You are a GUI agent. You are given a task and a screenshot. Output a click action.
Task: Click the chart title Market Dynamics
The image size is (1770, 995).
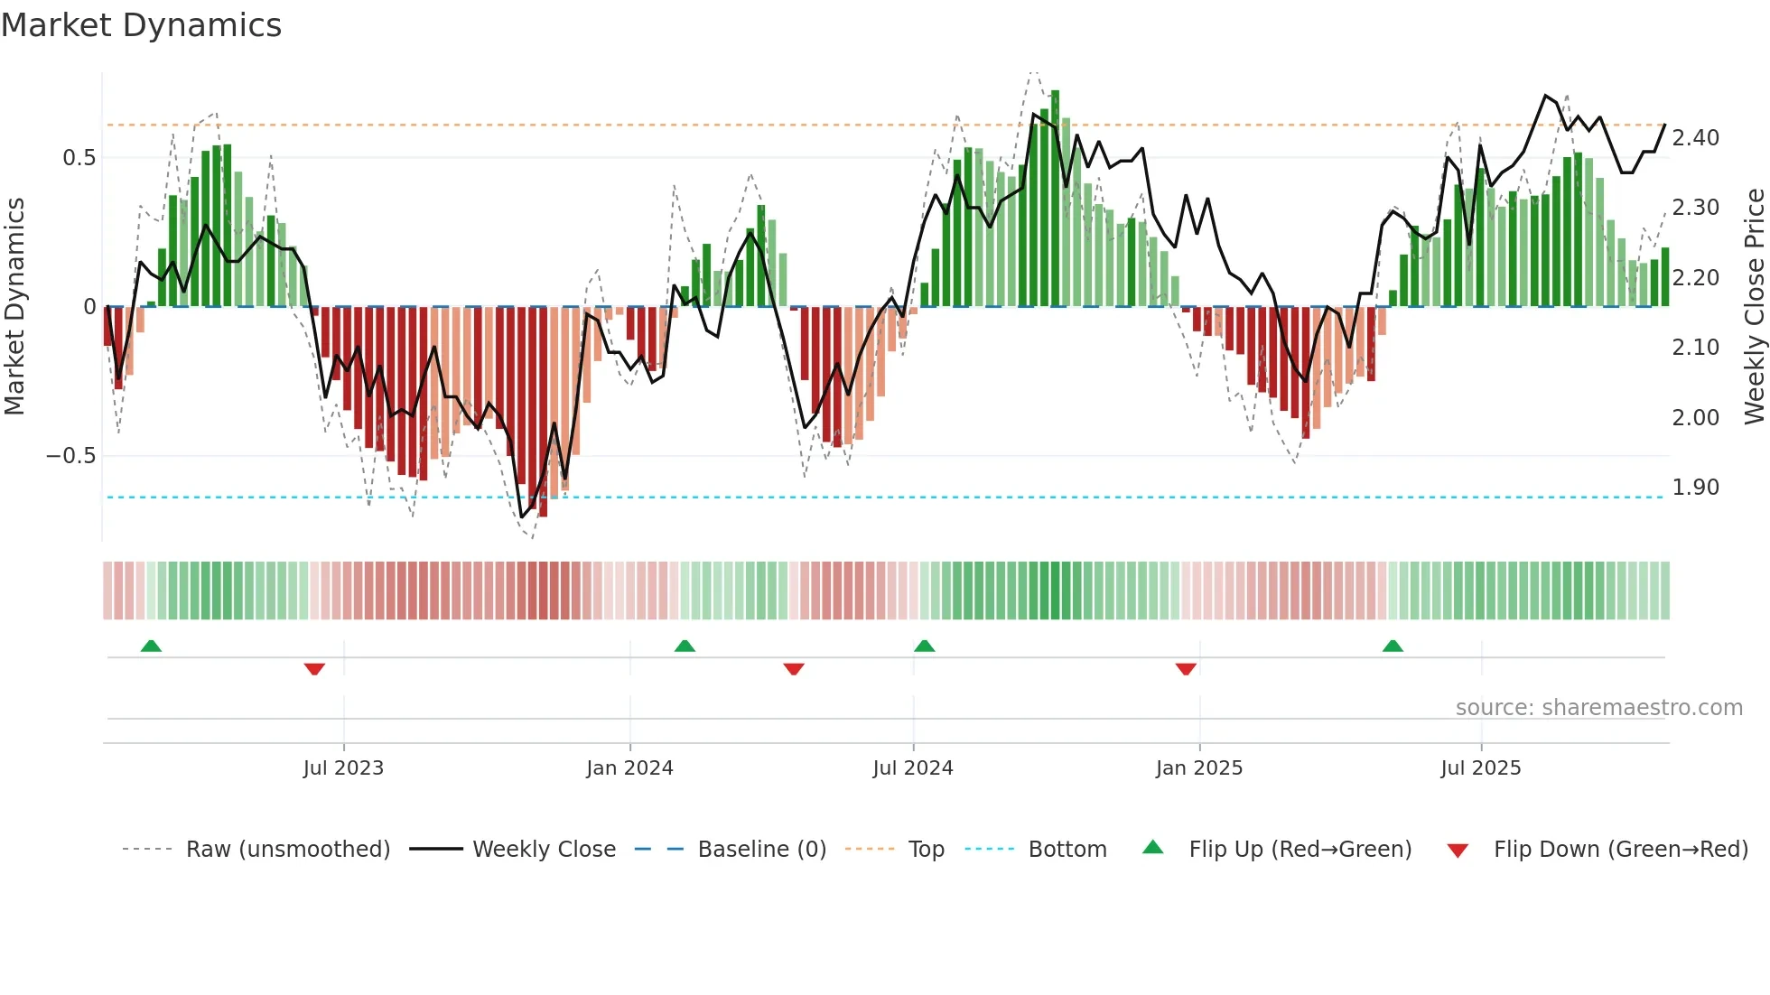coord(141,25)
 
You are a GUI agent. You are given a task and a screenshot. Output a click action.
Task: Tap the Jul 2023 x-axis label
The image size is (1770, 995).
coord(343,768)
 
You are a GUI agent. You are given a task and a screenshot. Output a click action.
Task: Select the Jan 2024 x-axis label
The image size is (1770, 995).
coord(629,768)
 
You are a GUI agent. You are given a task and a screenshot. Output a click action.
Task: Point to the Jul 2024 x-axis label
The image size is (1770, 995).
coord(913,768)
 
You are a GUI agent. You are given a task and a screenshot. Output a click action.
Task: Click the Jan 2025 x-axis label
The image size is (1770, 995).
coord(1199,768)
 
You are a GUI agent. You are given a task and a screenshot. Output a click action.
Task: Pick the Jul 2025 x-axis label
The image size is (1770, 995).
coord(1481,768)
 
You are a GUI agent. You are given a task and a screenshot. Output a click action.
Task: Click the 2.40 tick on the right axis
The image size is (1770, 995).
coord(1695,138)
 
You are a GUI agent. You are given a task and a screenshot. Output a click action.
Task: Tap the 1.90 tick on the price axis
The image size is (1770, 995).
coord(1695,488)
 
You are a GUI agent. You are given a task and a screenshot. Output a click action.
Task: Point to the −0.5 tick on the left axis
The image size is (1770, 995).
coord(70,456)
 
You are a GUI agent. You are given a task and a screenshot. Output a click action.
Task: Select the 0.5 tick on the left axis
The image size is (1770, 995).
coord(79,158)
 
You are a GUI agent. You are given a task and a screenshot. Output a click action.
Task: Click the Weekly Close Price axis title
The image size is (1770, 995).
coord(1754,306)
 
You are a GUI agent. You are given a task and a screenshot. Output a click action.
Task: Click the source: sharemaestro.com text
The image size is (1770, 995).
coord(1598,708)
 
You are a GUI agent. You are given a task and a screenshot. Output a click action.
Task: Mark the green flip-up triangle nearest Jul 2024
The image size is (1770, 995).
coord(924,646)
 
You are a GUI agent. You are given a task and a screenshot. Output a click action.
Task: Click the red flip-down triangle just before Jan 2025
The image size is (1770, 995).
coord(1186,669)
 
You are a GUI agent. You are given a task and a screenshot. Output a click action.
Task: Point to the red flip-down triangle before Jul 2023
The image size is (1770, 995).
coord(314,669)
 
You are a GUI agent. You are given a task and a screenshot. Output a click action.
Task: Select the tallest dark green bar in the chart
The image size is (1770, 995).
coord(1055,199)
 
